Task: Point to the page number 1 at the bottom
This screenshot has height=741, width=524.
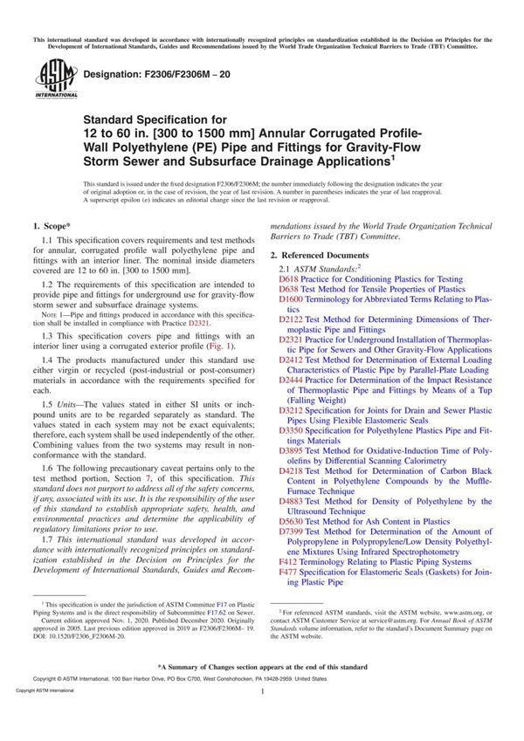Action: click(x=262, y=716)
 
